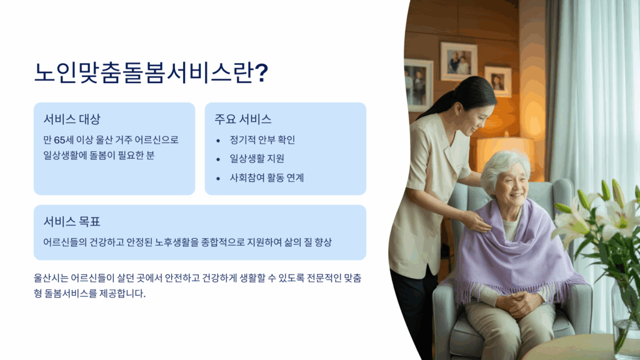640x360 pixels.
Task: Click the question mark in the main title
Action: click(262, 73)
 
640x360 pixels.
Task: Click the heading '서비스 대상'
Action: click(72, 119)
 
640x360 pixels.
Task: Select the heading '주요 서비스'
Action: click(243, 119)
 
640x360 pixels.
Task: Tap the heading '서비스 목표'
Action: click(72, 222)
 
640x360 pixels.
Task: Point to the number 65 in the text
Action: click(59, 140)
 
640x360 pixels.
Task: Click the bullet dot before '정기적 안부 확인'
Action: click(218, 141)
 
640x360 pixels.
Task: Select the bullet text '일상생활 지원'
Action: click(257, 158)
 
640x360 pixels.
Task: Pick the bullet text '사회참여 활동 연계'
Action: click(267, 177)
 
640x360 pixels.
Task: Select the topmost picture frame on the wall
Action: click(459, 61)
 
